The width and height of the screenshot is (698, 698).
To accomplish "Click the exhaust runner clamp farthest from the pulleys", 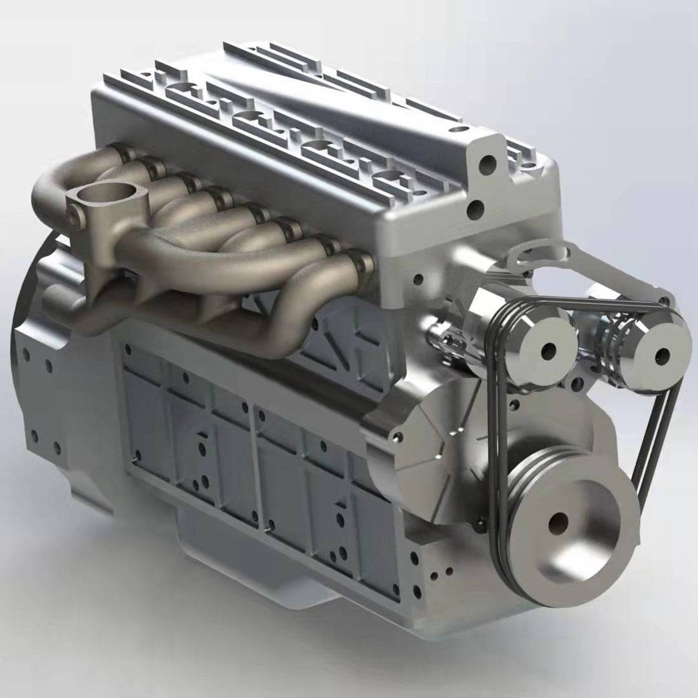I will point(117,152).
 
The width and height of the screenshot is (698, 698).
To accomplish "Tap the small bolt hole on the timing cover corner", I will point(398,437).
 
